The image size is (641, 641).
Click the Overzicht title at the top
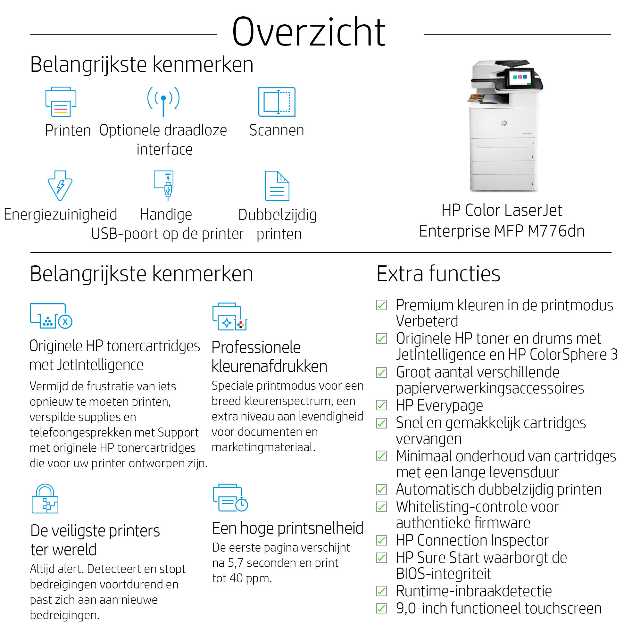[x=309, y=32]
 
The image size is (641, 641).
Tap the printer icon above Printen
[x=61, y=102]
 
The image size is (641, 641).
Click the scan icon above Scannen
[x=277, y=102]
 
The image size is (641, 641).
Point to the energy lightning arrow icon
[x=60, y=186]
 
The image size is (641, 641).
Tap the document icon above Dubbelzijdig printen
[x=277, y=186]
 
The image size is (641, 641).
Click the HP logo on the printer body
[x=504, y=123]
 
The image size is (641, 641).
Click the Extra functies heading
[x=438, y=274]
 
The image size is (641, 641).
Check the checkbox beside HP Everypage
[x=381, y=405]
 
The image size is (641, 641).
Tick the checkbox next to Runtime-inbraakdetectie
[x=381, y=591]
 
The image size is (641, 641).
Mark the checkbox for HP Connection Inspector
[x=381, y=540]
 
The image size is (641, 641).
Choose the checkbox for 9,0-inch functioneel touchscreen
[x=381, y=609]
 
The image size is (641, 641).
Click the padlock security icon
[x=45, y=499]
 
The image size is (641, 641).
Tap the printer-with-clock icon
[x=230, y=498]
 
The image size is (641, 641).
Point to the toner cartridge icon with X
[x=51, y=316]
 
